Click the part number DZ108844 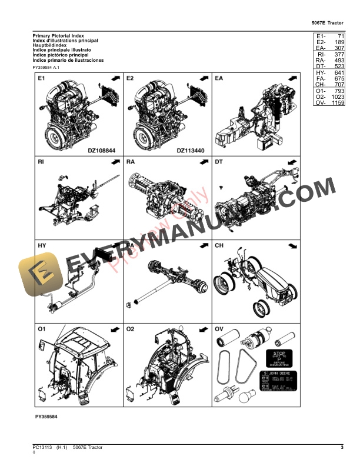pos(101,151)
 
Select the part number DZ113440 pos(191,151)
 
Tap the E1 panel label pos(42,78)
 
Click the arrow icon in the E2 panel pos(204,78)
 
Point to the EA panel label pos(219,78)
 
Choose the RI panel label pos(41,161)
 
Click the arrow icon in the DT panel pos(292,161)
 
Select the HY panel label pos(42,244)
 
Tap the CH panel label pos(219,244)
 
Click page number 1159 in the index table pos(337,103)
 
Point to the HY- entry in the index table pos(321,73)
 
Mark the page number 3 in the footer pos(342,448)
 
